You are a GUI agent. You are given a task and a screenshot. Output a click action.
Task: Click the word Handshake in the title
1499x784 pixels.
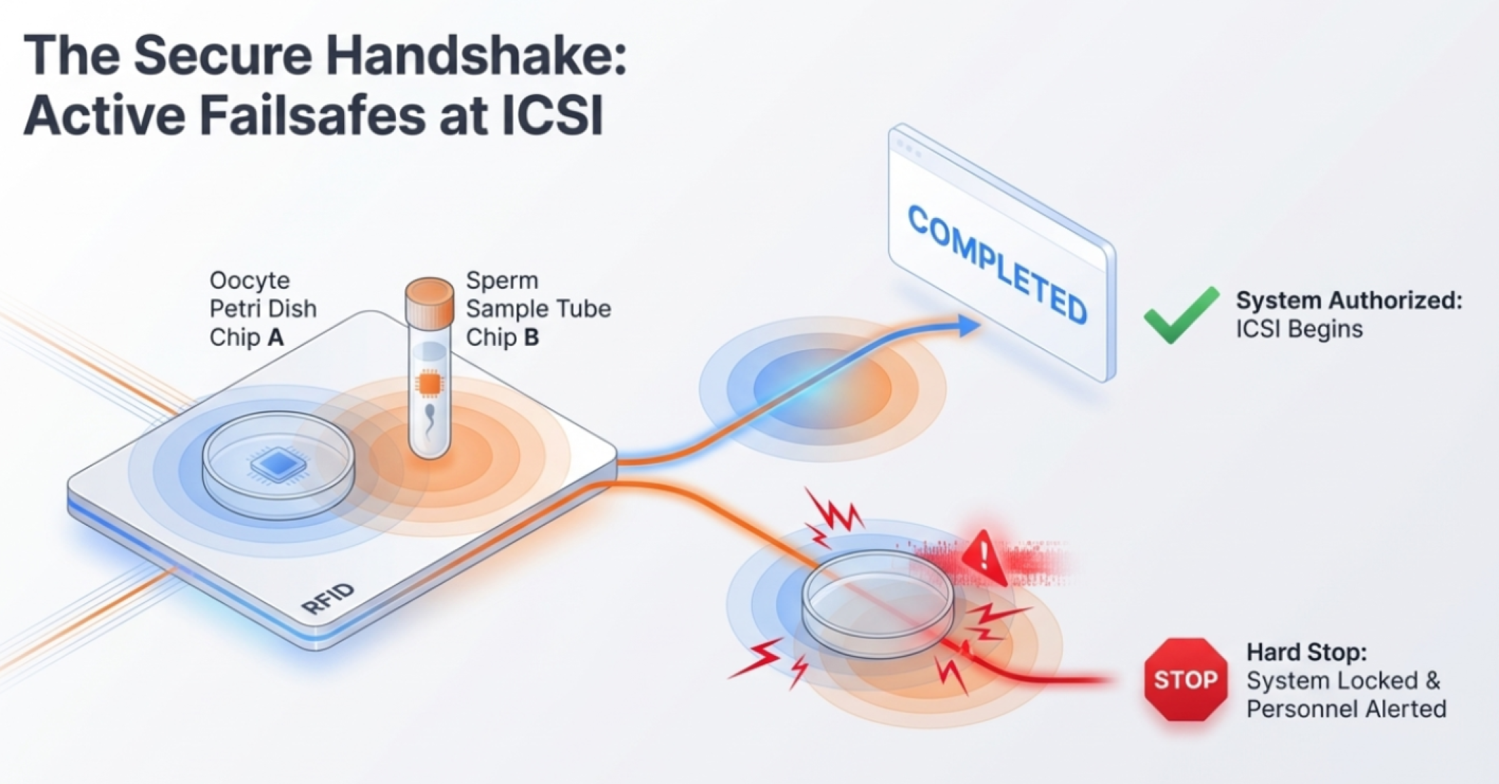476,55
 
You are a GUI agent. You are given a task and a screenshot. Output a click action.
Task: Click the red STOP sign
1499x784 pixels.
1186,679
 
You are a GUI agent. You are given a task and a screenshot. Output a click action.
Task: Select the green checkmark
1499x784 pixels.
1181,315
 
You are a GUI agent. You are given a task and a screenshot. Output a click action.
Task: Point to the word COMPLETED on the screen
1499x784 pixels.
997,264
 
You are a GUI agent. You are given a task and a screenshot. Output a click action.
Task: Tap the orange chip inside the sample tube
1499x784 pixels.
429,384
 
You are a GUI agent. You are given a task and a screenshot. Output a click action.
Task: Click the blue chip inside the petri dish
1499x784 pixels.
277,464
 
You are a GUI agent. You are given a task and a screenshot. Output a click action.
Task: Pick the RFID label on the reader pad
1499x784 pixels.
328,599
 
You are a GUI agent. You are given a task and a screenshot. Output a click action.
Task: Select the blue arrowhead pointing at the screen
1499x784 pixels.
968,325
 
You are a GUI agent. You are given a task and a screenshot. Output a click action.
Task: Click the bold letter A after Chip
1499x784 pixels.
276,337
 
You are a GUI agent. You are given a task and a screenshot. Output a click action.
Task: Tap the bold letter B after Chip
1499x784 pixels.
531,337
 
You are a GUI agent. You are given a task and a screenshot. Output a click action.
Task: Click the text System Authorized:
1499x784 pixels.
1349,300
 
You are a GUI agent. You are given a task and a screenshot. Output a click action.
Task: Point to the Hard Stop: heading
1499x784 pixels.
1307,652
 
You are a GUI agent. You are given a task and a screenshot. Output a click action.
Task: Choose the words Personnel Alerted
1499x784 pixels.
1346,709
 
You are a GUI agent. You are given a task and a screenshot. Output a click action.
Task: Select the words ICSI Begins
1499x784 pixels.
1299,329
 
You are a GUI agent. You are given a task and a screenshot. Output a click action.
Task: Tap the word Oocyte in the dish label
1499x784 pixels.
249,281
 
